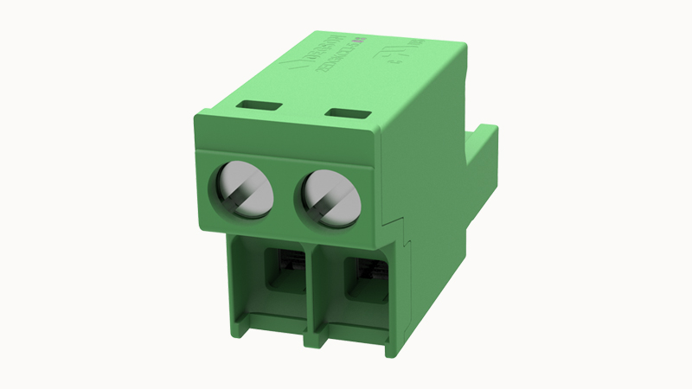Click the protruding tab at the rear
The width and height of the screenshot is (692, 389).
click(x=481, y=160)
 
